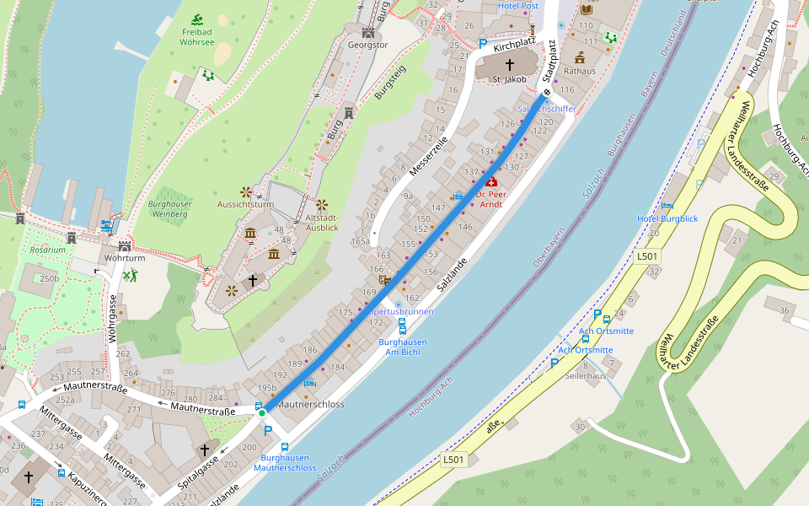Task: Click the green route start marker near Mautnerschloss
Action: coord(262,412)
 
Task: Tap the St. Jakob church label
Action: coord(509,79)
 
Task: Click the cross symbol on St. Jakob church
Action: coord(509,64)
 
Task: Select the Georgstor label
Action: coord(368,46)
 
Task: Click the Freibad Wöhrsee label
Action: coord(197,36)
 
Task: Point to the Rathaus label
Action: coord(580,71)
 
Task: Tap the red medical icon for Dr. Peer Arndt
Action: coord(491,181)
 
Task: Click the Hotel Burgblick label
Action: coord(667,219)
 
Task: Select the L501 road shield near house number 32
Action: coord(647,256)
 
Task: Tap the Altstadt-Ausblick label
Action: coord(322,223)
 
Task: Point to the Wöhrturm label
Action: coord(126,258)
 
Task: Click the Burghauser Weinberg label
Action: coord(170,209)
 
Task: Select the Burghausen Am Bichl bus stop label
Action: coord(402,347)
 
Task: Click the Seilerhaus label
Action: coord(585,375)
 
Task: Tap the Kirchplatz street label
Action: coord(516,44)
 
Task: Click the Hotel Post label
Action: coord(517,6)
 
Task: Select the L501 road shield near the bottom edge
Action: coord(453,460)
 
